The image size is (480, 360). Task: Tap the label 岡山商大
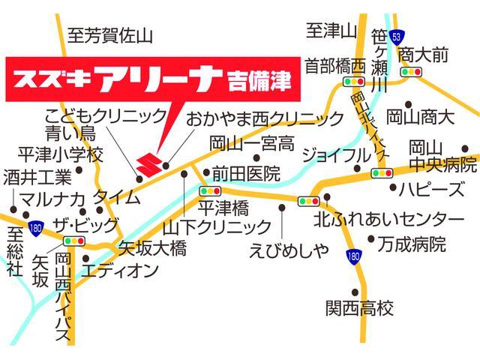coord(420,117)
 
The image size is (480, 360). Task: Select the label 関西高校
coord(359,308)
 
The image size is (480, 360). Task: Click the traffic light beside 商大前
coord(410,72)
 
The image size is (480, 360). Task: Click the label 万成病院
coord(412,244)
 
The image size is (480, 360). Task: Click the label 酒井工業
coord(37,178)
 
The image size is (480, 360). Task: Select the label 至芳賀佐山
coord(109,35)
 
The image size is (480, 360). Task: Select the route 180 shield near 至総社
coord(36,226)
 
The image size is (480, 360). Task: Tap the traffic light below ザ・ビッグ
coord(73,241)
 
